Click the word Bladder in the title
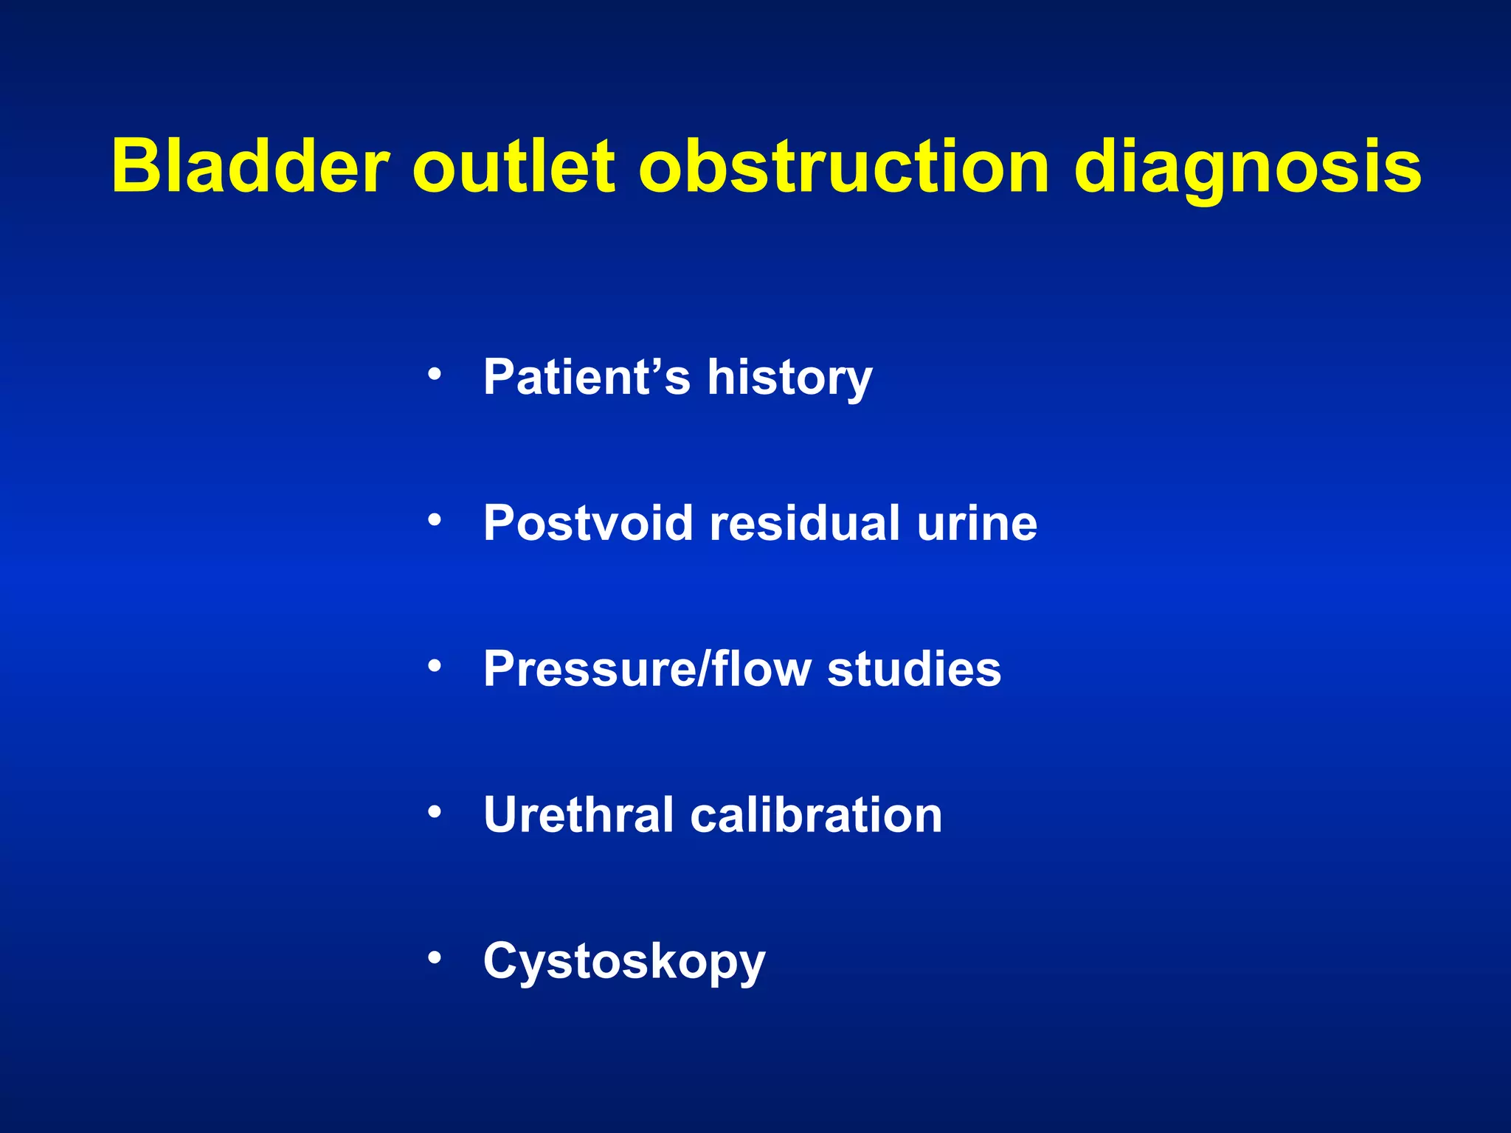249,167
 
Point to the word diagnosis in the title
1247,168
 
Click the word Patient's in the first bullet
587,377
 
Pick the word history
789,378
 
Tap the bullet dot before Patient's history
435,375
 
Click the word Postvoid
589,523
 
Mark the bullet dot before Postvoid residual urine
435,521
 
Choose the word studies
914,669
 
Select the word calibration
816,815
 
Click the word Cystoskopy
624,962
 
